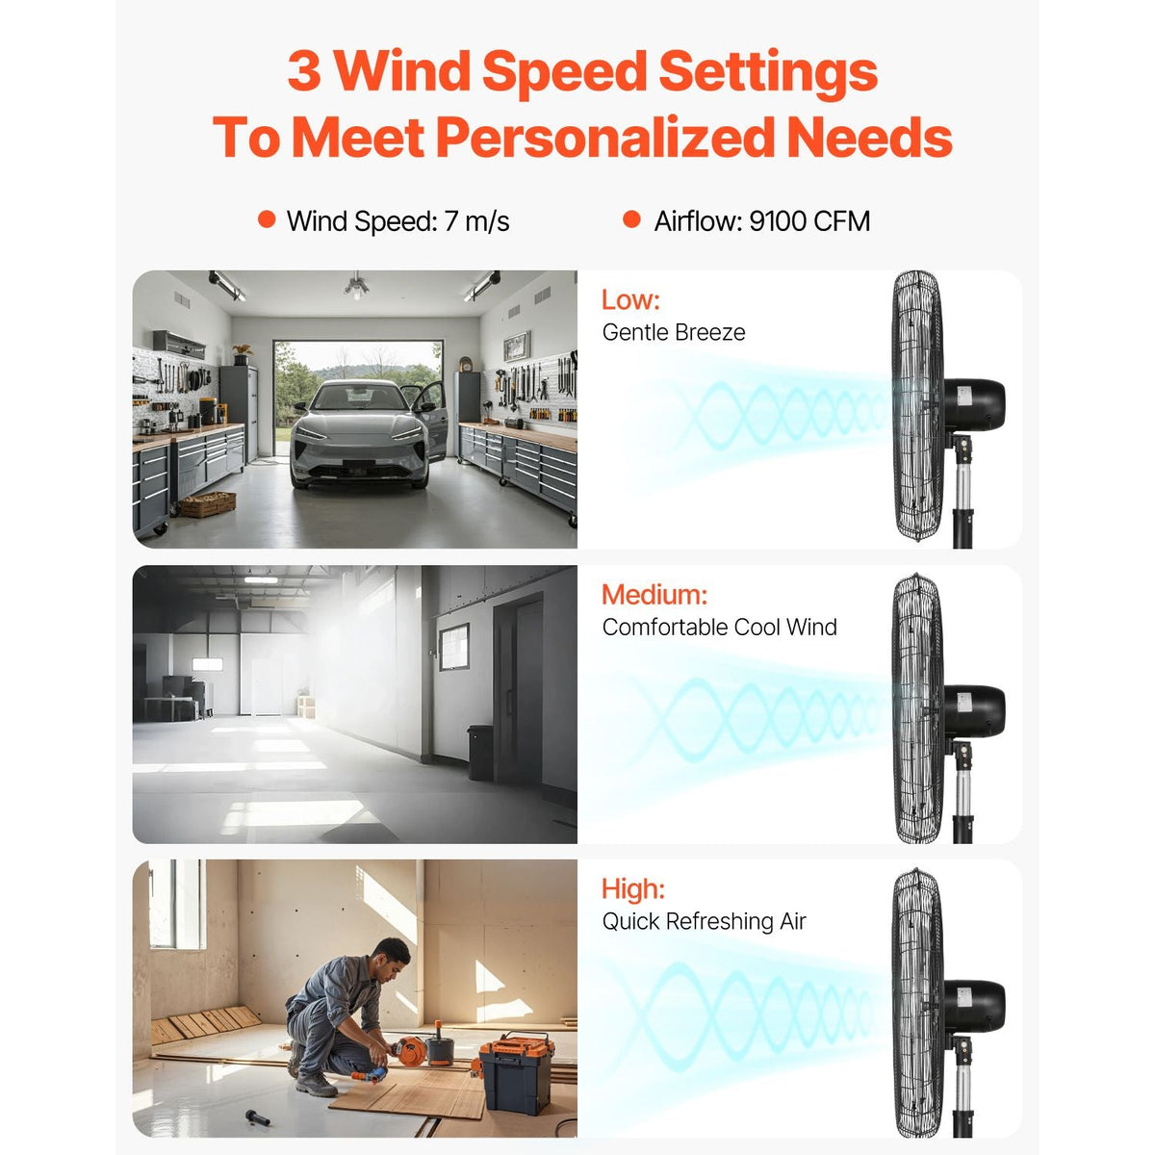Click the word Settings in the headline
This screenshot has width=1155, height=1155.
768,72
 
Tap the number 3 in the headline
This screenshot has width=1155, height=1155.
304,70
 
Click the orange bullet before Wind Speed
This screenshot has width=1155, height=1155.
266,219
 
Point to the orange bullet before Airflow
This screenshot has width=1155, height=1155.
631,219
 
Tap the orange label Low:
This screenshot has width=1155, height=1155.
630,299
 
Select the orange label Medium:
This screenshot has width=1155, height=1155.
654,595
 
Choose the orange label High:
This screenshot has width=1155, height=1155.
633,889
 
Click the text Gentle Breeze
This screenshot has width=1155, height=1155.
674,333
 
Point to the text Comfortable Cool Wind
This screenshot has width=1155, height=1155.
719,628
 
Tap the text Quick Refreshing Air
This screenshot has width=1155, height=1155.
704,922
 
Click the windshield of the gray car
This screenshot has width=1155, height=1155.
359,398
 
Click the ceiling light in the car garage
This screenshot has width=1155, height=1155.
357,287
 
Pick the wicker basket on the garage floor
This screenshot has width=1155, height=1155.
207,503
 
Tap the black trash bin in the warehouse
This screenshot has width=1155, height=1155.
480,753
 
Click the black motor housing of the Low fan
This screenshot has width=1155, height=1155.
974,404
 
